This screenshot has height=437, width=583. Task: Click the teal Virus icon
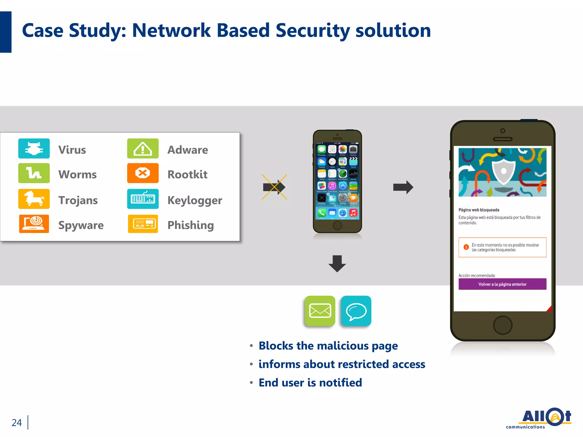[x=34, y=149]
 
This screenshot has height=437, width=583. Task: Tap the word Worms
[x=77, y=174]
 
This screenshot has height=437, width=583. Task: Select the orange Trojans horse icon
[x=34, y=199]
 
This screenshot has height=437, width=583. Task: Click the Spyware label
[x=81, y=225]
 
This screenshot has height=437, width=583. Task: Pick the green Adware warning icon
[x=143, y=149]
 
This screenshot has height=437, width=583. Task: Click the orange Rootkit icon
[x=143, y=173]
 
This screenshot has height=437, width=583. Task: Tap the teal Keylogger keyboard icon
[x=143, y=199]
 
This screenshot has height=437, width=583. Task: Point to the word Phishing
[x=190, y=225]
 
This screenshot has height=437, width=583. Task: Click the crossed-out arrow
[x=274, y=187]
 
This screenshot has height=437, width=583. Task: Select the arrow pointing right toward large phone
[x=403, y=187]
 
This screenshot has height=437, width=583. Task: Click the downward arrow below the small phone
[x=337, y=263]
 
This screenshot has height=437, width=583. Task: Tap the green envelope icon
[x=320, y=311]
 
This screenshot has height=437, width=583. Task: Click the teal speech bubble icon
[x=356, y=311]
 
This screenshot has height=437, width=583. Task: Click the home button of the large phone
[x=503, y=325]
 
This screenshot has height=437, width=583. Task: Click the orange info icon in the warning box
[x=466, y=247]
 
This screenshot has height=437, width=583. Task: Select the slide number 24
[x=17, y=422]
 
